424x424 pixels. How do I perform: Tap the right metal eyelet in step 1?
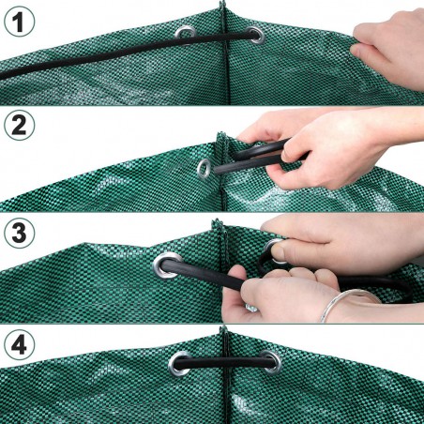[255, 35]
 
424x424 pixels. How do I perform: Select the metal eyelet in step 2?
[204, 169]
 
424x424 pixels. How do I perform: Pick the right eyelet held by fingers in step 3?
[278, 250]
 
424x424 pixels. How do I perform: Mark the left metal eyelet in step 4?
[178, 362]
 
